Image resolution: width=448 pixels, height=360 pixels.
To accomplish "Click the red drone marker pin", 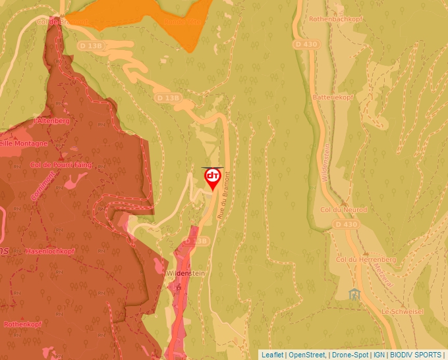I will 213,178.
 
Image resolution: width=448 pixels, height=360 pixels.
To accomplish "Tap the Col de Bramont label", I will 63,22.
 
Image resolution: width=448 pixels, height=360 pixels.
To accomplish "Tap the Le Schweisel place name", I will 402,311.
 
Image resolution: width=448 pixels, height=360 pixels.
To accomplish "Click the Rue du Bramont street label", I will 222,190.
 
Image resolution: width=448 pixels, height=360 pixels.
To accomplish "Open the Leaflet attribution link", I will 272,355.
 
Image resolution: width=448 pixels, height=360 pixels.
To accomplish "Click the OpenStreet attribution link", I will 307,355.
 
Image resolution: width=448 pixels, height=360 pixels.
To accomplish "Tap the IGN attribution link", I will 379,355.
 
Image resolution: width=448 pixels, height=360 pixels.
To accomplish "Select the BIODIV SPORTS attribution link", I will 415,355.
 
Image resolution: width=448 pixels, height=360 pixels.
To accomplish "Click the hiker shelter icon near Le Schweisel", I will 355,294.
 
